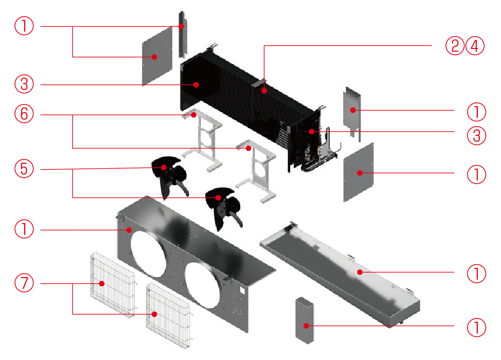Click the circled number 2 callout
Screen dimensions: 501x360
tap(455, 46)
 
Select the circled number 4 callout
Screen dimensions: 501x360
tap(475, 46)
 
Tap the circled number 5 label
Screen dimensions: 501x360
tap(24, 169)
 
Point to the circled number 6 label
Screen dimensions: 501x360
tap(24, 114)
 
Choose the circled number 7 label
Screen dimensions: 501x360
tap(24, 282)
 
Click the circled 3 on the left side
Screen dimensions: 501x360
tap(24, 84)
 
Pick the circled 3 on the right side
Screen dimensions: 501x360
tap(476, 136)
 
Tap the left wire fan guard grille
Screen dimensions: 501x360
tap(113, 285)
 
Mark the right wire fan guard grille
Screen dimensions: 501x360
tap(169, 316)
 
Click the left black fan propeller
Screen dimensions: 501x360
tap(170, 177)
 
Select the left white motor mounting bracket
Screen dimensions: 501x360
tap(202, 140)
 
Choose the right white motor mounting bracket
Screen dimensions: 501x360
tap(256, 171)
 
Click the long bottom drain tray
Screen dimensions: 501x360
tap(339, 274)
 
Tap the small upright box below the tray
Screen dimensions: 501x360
tap(305, 320)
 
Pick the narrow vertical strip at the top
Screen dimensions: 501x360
tap(182, 34)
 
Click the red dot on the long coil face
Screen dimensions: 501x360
tap(265, 91)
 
